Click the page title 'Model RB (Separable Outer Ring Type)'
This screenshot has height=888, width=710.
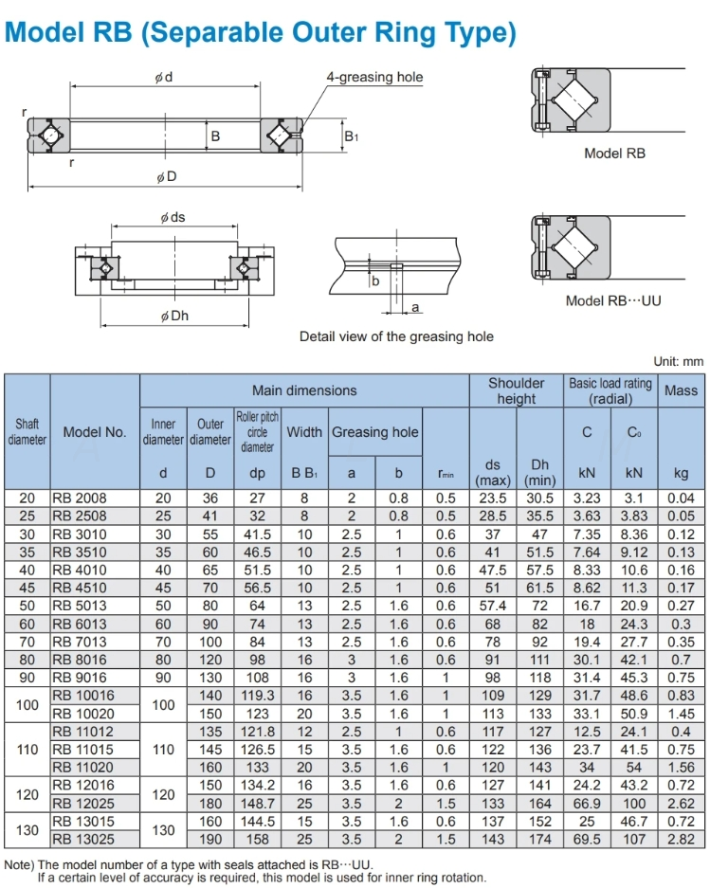click(261, 33)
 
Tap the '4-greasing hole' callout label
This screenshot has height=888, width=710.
click(374, 77)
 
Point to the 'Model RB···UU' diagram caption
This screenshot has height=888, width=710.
click(613, 300)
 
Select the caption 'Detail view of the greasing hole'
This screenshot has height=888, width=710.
click(396, 336)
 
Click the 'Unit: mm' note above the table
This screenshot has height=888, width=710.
click(679, 361)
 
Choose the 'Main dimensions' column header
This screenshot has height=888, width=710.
click(304, 390)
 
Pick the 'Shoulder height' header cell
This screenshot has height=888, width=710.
click(516, 390)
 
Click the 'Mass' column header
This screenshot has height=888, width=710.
click(681, 390)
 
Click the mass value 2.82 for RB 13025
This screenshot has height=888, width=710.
click(681, 839)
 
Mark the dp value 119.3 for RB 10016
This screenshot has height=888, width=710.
click(257, 695)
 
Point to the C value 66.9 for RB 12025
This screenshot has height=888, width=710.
click(587, 803)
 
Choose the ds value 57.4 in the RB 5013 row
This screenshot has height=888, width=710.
click(493, 605)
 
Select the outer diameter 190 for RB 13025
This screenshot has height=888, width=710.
click(210, 839)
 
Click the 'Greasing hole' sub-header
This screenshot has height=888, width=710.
click(374, 432)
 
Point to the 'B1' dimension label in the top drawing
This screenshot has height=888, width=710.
click(352, 136)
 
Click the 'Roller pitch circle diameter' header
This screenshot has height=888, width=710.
click(257, 432)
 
